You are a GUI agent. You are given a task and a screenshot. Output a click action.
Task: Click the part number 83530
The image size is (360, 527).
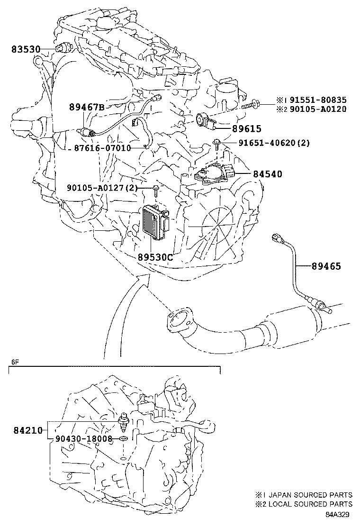(26, 49)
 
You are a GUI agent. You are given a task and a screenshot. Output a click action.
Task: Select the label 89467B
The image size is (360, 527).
(87, 107)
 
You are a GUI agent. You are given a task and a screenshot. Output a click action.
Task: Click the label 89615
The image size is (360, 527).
(246, 129)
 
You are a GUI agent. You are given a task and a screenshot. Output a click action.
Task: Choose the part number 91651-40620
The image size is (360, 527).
(268, 143)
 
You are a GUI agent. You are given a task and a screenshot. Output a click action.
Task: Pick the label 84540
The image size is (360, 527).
(267, 174)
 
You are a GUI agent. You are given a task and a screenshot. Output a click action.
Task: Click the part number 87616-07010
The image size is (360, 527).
(102, 147)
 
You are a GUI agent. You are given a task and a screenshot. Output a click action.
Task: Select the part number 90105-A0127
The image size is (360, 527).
(96, 188)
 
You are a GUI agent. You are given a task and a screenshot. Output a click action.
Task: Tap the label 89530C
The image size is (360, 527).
(155, 257)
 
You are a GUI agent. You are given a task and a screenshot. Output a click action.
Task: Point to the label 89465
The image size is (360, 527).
(326, 266)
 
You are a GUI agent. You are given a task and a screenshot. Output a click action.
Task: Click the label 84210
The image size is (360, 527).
(28, 430)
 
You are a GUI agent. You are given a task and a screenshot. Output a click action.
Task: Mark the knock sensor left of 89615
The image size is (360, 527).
(206, 121)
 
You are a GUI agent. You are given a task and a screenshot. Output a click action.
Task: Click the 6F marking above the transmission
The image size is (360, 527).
(15, 362)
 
